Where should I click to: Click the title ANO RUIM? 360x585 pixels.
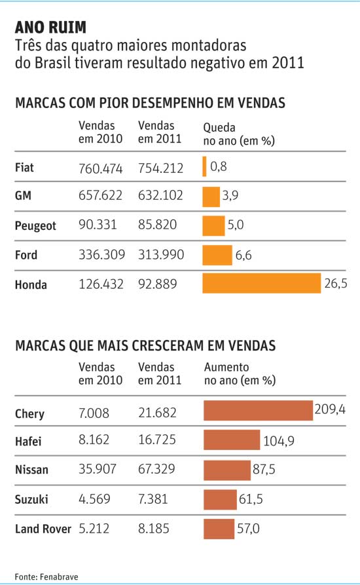[x=50, y=28]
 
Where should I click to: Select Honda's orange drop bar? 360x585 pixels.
[x=262, y=283]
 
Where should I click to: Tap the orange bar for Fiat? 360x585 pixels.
[x=204, y=166]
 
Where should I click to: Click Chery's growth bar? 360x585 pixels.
[x=258, y=410]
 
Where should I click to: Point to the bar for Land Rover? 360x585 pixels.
[x=219, y=529]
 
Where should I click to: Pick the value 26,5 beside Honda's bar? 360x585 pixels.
[x=335, y=284]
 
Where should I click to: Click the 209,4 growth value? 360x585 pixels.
[x=330, y=409]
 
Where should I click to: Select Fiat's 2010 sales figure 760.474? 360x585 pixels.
[x=100, y=168]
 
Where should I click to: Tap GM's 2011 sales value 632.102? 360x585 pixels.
[x=160, y=195]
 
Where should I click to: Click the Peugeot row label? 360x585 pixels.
[x=35, y=226]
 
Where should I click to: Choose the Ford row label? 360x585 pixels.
[x=26, y=255]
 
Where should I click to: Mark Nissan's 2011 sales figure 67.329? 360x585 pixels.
[x=156, y=469]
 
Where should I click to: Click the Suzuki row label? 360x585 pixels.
[x=31, y=499]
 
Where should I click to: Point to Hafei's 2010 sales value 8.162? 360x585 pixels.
[x=94, y=440]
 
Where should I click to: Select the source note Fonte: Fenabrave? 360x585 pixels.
[x=46, y=576]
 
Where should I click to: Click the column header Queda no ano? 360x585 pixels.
[x=239, y=134]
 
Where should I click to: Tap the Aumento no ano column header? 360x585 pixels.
[x=240, y=373]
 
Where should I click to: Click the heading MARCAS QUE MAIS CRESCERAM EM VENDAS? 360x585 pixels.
[x=145, y=345]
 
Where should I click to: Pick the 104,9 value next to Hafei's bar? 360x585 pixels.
[x=279, y=441]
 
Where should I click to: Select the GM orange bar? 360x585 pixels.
[x=211, y=197]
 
